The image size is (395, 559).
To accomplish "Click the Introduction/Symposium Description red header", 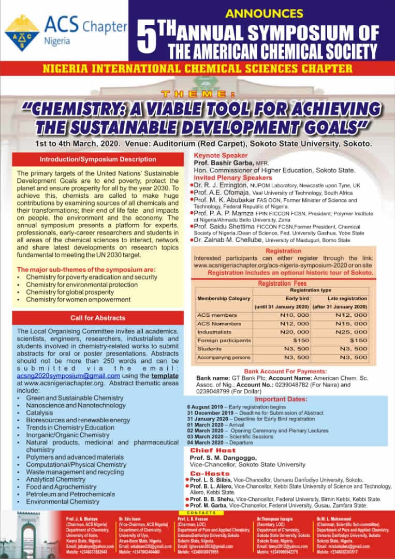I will [98, 159].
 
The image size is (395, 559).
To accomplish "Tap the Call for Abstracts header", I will [98, 318].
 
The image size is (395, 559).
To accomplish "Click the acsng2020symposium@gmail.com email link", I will [68, 376].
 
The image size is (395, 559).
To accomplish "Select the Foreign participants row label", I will [224, 340].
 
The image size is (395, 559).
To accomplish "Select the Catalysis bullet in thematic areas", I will [40, 413].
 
